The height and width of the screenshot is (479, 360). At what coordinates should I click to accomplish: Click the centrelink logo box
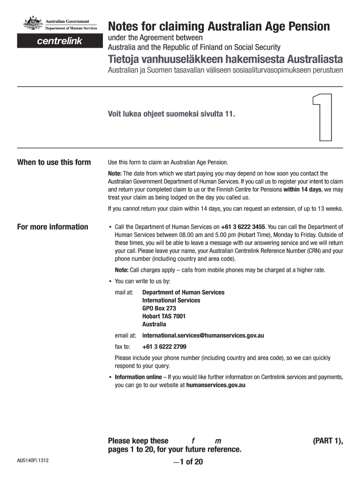click(x=59, y=41)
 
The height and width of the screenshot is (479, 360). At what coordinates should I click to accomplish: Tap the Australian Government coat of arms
click(x=32, y=24)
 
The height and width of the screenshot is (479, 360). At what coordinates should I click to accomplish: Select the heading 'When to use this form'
click(x=54, y=162)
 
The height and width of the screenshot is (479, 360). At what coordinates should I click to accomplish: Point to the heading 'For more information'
click(x=52, y=227)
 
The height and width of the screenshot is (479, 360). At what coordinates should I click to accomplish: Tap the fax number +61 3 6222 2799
click(x=164, y=347)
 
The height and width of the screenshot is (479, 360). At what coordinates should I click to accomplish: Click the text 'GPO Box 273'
click(x=159, y=308)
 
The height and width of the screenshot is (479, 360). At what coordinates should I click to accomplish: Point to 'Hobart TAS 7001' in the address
click(x=164, y=316)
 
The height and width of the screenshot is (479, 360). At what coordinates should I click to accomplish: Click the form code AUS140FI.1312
click(x=33, y=460)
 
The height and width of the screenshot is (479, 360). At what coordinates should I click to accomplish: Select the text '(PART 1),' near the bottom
click(x=328, y=441)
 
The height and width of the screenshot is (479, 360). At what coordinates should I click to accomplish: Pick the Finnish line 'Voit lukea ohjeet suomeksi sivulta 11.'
click(x=171, y=114)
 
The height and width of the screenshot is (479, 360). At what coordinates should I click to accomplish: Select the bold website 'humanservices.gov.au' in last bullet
click(x=216, y=385)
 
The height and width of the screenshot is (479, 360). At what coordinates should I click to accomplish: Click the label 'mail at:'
click(x=124, y=292)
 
